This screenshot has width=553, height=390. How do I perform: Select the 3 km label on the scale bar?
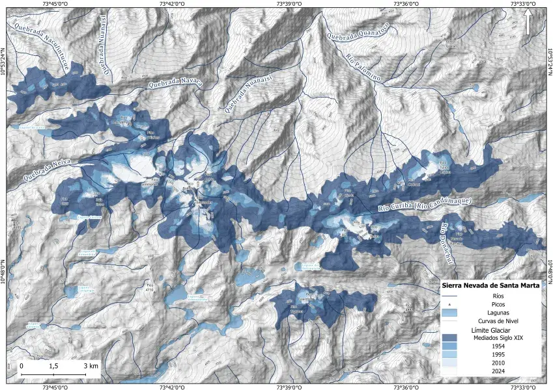tap(91, 366)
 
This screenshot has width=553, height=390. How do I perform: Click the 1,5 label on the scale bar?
tap(54, 366)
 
